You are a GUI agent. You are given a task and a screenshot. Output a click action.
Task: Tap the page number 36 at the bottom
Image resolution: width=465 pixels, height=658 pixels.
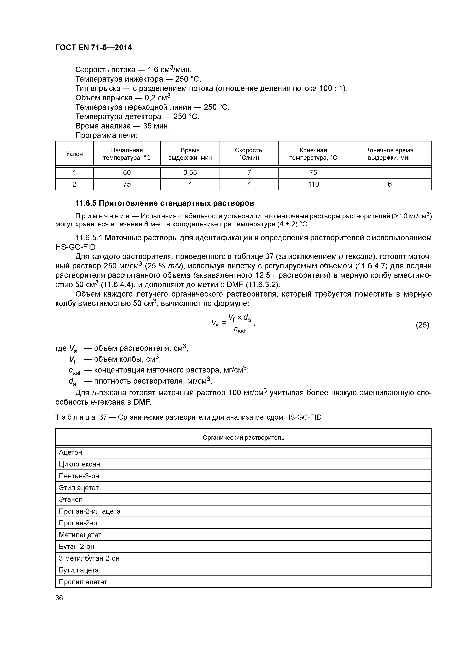(59, 598)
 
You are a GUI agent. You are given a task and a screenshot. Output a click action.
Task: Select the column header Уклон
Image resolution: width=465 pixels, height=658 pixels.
(74, 154)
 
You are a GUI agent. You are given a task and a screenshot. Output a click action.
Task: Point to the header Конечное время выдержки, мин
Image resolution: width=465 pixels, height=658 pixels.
(390, 154)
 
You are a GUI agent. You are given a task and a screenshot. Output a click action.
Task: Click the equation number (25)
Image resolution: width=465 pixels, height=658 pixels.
(422, 325)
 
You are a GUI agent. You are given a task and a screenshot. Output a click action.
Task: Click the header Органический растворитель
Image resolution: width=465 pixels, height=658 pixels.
(244, 437)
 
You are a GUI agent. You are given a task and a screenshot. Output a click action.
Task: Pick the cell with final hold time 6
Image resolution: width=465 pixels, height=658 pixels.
(390, 184)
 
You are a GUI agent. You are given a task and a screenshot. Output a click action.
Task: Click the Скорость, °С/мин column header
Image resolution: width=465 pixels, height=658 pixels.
(249, 154)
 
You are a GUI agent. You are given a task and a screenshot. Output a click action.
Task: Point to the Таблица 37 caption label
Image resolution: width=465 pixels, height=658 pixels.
(75, 417)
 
